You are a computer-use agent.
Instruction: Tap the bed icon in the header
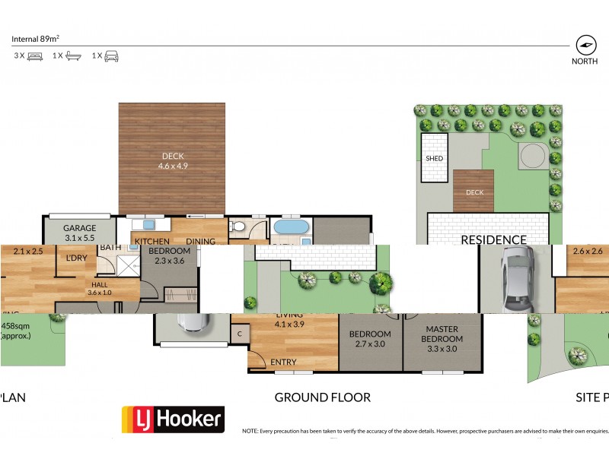pos(35,55)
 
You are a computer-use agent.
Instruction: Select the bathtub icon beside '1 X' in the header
pos(73,55)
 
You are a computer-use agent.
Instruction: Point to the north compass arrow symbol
pos(585,44)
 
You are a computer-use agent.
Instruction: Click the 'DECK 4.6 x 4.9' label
pos(171,162)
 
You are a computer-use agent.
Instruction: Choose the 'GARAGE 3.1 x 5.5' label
pos(79,233)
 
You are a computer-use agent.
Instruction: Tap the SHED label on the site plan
pos(435,158)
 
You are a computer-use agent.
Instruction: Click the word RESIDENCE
pos(494,239)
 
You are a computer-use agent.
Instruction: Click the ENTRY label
pos(284,363)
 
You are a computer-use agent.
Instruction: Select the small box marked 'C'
pos(239,333)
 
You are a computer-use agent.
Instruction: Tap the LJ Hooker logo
pos(173,419)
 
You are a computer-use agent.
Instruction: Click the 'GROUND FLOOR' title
pos(322,397)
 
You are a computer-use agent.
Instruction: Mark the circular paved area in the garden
pos(532,157)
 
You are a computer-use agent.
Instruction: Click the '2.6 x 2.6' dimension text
pos(588,251)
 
